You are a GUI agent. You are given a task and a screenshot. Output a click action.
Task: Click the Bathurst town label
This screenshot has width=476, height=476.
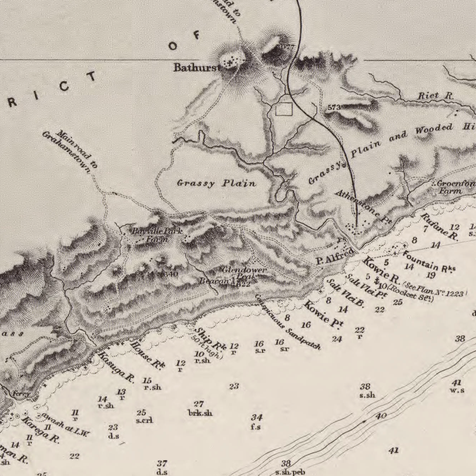click(197, 68)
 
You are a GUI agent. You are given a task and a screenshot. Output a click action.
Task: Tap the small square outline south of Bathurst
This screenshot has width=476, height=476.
click(283, 109)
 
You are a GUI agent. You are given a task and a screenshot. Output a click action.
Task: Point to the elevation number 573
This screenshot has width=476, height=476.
click(334, 107)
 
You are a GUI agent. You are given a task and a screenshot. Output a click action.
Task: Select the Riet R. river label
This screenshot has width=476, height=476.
click(435, 96)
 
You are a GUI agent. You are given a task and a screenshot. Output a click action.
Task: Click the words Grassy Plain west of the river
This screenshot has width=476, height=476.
click(216, 183)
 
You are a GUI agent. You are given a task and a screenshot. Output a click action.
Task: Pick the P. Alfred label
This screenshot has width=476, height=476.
click(335, 257)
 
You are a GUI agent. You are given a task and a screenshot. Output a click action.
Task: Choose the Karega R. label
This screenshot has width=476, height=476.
click(40, 430)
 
